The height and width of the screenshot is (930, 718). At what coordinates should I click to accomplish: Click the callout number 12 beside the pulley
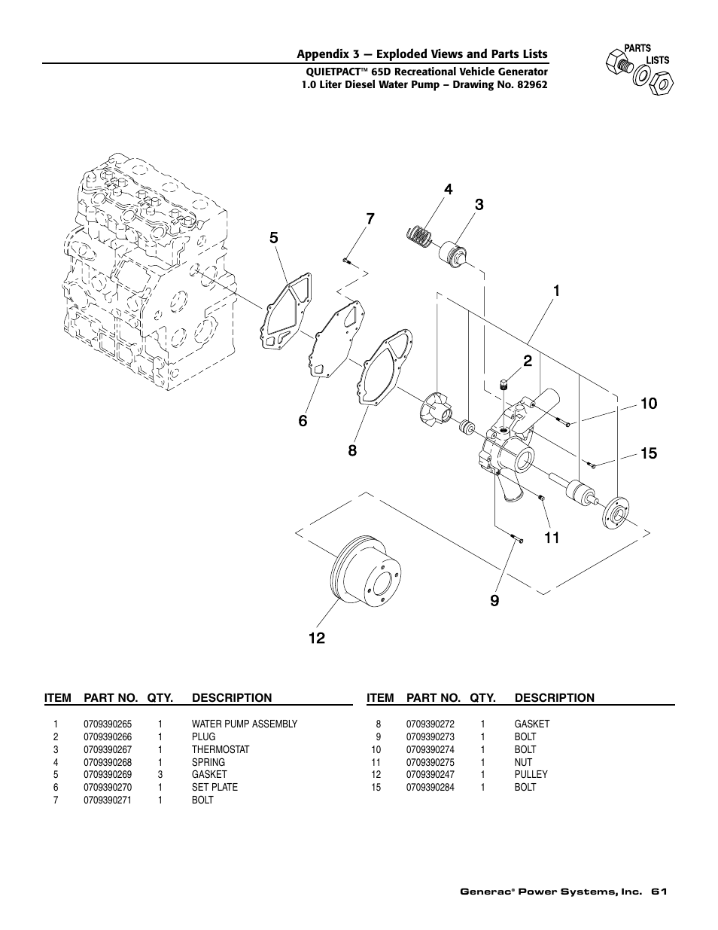pyautogui.click(x=316, y=638)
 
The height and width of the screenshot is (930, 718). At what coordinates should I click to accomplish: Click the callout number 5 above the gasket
pyautogui.click(x=274, y=238)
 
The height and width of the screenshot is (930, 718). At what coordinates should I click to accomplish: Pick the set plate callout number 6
pyautogui.click(x=303, y=421)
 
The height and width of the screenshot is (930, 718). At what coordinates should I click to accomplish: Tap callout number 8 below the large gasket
pyautogui.click(x=352, y=451)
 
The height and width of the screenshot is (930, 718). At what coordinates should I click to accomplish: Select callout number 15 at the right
pyautogui.click(x=648, y=453)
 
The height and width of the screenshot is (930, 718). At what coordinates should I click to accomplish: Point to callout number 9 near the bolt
pyautogui.click(x=494, y=600)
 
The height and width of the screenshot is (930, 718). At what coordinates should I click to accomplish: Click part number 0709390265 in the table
pyautogui.click(x=108, y=724)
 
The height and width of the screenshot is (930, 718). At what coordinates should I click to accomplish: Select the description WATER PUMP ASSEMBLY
pyautogui.click(x=244, y=724)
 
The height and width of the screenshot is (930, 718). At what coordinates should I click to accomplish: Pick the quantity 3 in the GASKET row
pyautogui.click(x=160, y=775)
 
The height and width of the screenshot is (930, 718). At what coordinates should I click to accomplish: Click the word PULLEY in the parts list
pyautogui.click(x=531, y=775)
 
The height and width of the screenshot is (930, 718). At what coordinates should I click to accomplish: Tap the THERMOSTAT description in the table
pyautogui.click(x=220, y=750)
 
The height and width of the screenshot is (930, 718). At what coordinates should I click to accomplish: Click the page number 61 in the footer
pyautogui.click(x=660, y=892)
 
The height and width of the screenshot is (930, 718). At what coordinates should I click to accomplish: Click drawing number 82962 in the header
pyautogui.click(x=528, y=85)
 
